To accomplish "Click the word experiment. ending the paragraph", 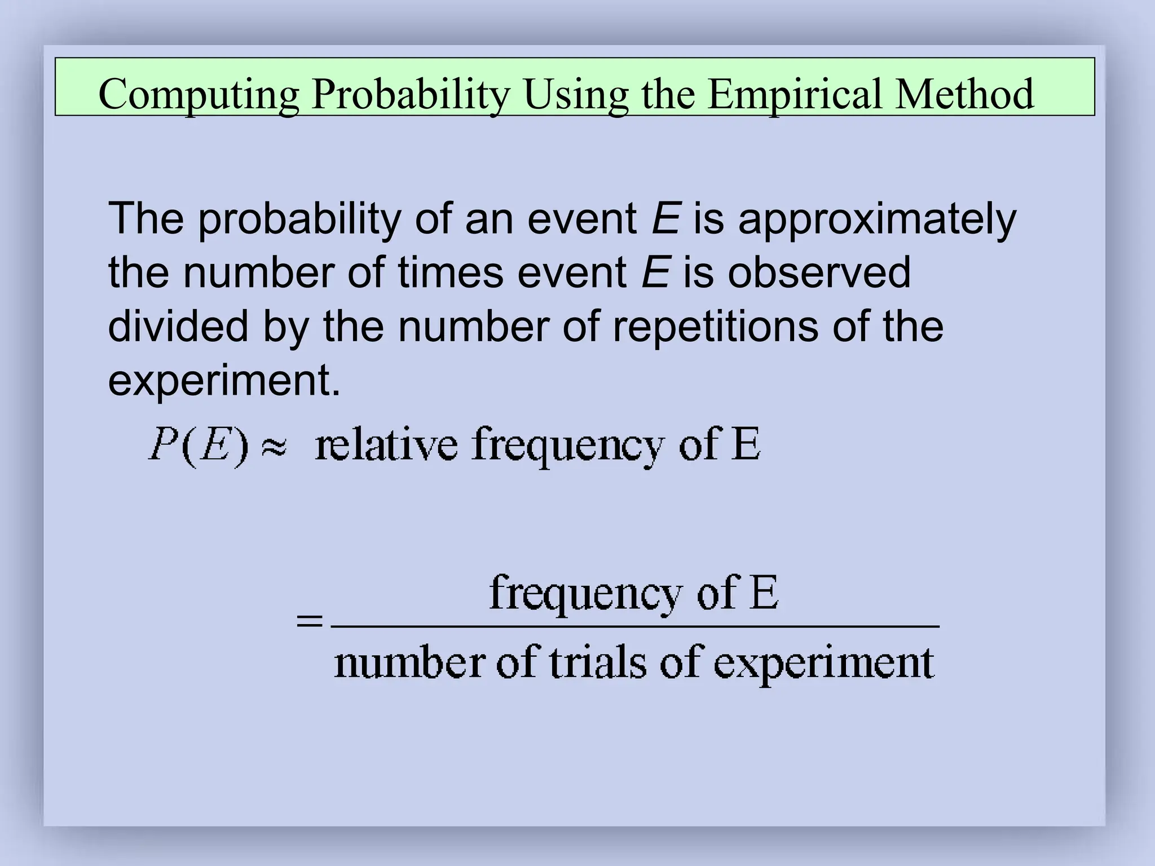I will [224, 381].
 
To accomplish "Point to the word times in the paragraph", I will [451, 273].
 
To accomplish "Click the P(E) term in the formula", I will [198, 446].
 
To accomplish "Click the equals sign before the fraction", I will [310, 622].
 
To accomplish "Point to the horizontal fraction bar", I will [635, 626].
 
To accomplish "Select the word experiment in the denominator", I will [824, 664].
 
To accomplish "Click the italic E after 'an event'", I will [666, 219].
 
